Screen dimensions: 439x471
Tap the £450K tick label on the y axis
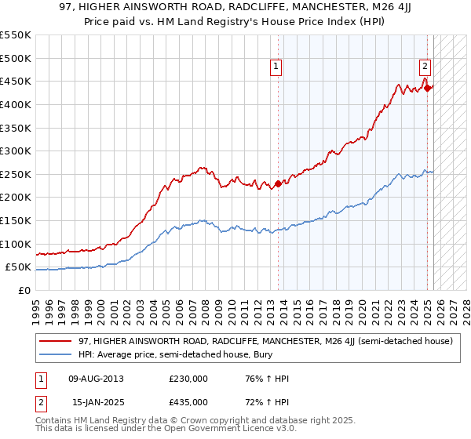pyautogui.click(x=16, y=81)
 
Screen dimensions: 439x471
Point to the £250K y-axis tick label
pyautogui.click(x=16, y=174)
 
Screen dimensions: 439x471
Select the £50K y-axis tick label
pyautogui.click(x=19, y=267)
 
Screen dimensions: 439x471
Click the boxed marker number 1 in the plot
pyautogui.click(x=277, y=67)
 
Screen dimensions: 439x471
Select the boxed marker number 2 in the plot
pyautogui.click(x=425, y=67)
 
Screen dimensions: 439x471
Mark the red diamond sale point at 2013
pyautogui.click(x=278, y=184)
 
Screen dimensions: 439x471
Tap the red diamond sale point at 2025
pyautogui.click(x=427, y=88)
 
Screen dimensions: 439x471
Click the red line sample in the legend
pyautogui.click(x=57, y=342)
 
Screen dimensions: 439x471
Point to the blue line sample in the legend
pyautogui.click(x=57, y=355)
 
